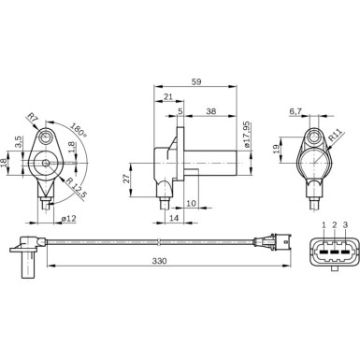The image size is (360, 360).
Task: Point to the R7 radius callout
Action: (33, 118)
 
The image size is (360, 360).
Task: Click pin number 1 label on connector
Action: (324, 225)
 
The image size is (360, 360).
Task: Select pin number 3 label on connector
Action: (346, 225)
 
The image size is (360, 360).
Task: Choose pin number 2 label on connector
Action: (335, 225)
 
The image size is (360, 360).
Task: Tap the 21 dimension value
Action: (167, 96)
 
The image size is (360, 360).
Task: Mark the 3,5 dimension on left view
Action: (19, 142)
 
